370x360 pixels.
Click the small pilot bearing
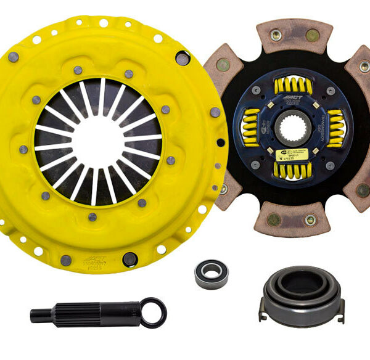click(x=211, y=272)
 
